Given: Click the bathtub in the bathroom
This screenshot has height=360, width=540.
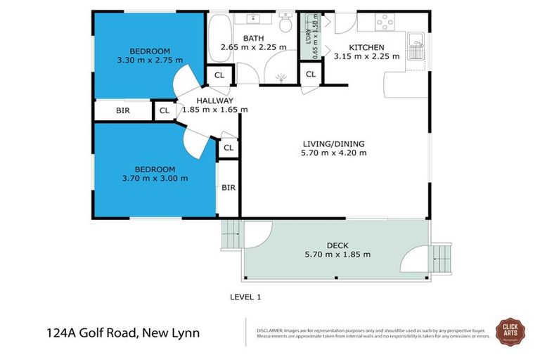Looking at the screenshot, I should coord(219,39).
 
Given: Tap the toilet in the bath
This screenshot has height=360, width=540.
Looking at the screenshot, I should coord(286,25).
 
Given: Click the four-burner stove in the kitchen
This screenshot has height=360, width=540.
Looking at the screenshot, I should coord(384,22).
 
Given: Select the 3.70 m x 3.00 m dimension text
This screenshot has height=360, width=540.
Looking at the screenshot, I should coord(154,178).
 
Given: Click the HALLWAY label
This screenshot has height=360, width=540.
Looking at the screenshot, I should coord(214,100).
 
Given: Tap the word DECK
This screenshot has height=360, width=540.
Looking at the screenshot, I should coord(337,245).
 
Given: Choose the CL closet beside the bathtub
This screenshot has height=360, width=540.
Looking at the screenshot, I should coord(219,75).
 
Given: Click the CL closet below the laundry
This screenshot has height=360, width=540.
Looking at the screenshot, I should coord(311,74).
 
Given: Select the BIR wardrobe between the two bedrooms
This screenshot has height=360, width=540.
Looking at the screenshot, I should coord(122,110).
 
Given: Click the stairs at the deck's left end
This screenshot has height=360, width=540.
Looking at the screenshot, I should coord(231,234).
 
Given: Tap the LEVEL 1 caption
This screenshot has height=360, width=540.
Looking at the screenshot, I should coord(245,297).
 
